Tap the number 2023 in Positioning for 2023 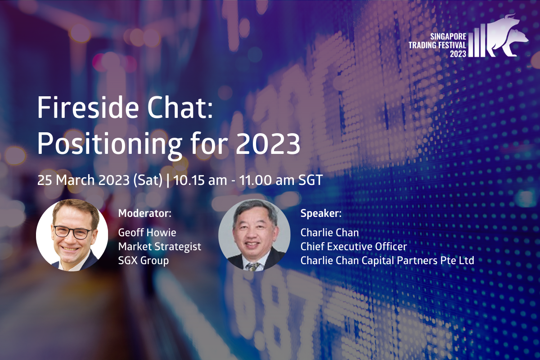pyautogui.click(x=268, y=144)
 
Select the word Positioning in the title pyautogui.click(x=110, y=146)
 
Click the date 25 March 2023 pyautogui.click(x=83, y=180)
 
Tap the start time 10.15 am pyautogui.click(x=200, y=180)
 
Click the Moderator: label pyautogui.click(x=144, y=213)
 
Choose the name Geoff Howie pyautogui.click(x=147, y=233)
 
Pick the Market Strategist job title pyautogui.click(x=160, y=247)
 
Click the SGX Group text pyautogui.click(x=144, y=261)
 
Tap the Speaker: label pyautogui.click(x=321, y=213)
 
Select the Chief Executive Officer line pyautogui.click(x=354, y=247)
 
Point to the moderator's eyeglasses pyautogui.click(x=72, y=232)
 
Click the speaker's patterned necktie pyautogui.click(x=252, y=266)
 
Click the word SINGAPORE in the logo pyautogui.click(x=448, y=36)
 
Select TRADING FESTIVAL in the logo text pyautogui.click(x=437, y=45)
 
